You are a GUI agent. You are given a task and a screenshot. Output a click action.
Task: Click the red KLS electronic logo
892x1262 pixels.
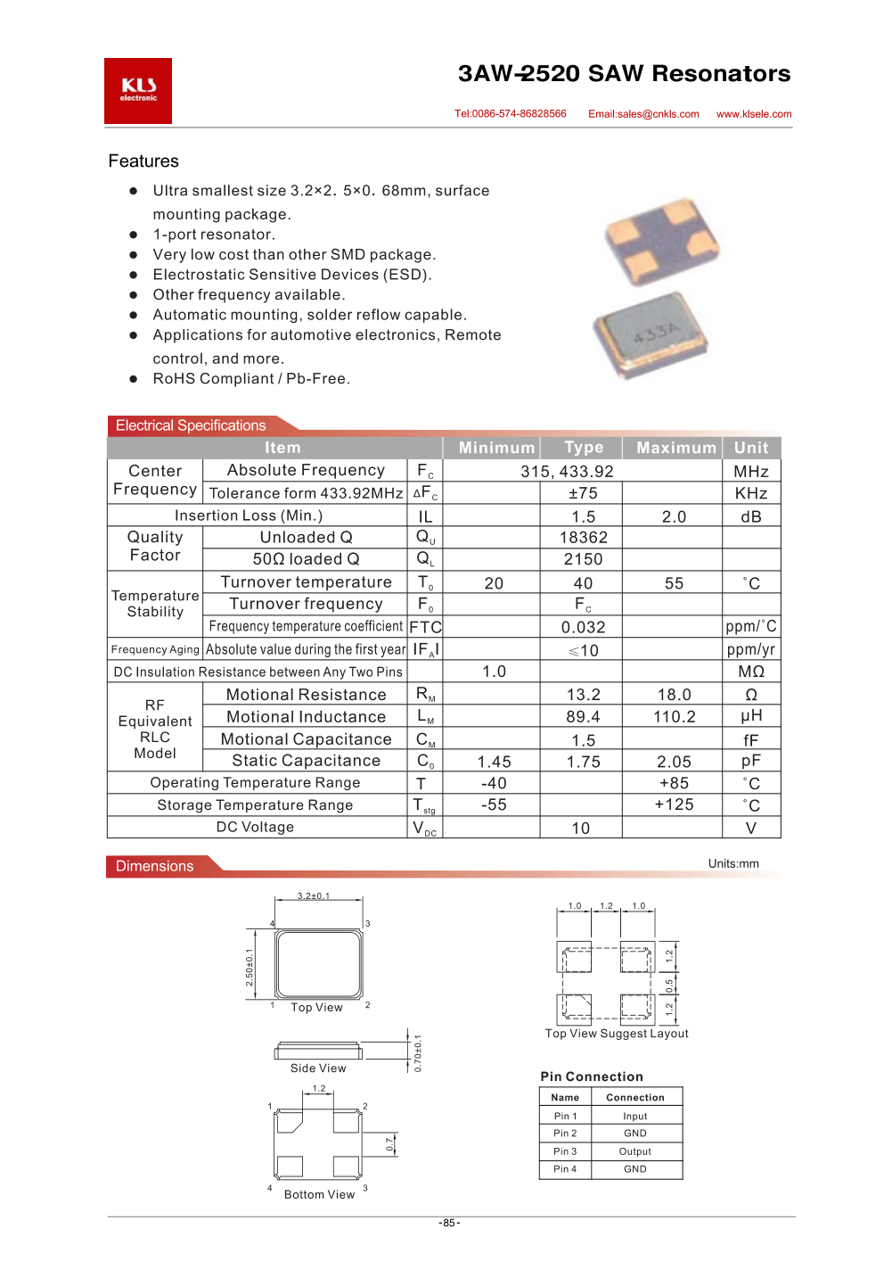(138, 91)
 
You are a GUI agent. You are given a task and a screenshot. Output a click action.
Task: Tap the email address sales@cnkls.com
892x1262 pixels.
(643, 114)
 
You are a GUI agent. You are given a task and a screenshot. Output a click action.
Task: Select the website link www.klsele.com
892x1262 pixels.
(754, 114)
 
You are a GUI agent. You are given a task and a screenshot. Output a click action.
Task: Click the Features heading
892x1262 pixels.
(143, 161)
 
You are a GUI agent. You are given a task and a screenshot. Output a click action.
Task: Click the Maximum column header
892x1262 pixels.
(676, 448)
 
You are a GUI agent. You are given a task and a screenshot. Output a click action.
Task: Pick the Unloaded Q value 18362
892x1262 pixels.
(584, 538)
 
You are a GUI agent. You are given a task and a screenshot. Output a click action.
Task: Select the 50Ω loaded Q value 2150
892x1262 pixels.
(584, 559)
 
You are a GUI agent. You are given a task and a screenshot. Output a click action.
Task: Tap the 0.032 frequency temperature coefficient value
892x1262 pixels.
(584, 628)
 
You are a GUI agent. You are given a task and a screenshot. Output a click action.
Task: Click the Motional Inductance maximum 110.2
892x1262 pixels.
(675, 717)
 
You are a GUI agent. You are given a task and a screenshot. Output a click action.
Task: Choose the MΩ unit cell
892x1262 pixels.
(751, 672)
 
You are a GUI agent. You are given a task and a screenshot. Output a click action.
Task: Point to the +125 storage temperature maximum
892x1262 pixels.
(675, 804)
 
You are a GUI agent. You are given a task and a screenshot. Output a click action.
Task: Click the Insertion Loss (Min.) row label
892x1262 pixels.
(249, 516)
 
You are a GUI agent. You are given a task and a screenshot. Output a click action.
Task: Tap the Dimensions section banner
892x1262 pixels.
(155, 866)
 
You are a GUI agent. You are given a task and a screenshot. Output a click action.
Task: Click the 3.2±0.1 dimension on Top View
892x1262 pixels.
(314, 896)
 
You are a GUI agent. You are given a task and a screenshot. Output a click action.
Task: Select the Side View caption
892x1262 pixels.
(318, 1068)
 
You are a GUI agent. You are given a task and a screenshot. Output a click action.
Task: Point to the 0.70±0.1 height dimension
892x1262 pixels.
(418, 1053)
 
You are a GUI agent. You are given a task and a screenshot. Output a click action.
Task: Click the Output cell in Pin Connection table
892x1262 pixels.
(635, 1151)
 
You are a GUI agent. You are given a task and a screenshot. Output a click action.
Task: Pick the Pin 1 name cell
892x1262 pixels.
(565, 1117)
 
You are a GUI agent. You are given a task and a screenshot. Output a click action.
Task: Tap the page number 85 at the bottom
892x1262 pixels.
(449, 1223)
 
